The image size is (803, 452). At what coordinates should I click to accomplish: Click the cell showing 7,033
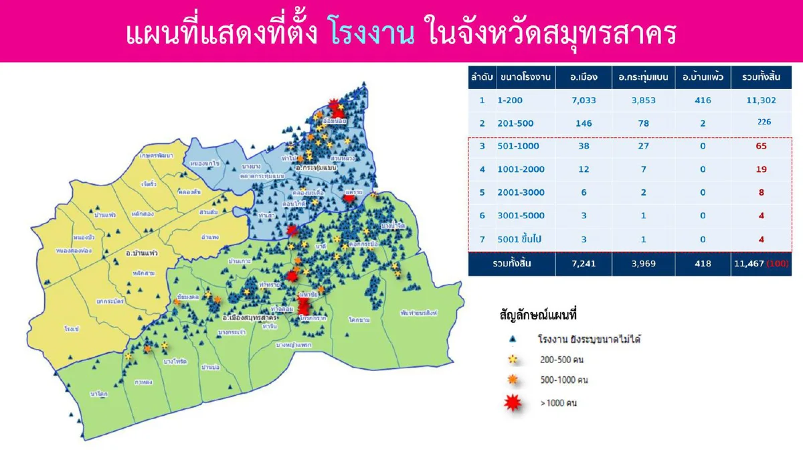[x=584, y=100]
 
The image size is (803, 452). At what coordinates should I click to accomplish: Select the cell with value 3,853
[x=644, y=100]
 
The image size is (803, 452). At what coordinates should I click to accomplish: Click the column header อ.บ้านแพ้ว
[x=703, y=78]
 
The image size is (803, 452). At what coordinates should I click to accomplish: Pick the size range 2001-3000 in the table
[x=521, y=193]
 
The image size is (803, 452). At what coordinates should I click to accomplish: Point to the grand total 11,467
[x=753, y=265]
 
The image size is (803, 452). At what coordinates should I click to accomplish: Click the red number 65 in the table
[x=762, y=146]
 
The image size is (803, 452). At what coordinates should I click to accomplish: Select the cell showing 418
[x=703, y=265]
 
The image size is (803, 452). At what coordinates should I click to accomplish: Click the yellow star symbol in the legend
[x=513, y=360]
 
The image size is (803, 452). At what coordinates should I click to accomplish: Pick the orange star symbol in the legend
[x=513, y=380]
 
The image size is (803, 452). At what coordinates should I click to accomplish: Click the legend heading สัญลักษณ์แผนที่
[x=538, y=314]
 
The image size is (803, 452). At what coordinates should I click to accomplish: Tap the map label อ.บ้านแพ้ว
[x=142, y=254]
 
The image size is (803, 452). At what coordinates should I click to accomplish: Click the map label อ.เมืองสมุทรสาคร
[x=250, y=316]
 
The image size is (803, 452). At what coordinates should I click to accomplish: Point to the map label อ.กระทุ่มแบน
[x=316, y=169]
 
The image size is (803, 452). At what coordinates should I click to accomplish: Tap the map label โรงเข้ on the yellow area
[x=72, y=329]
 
